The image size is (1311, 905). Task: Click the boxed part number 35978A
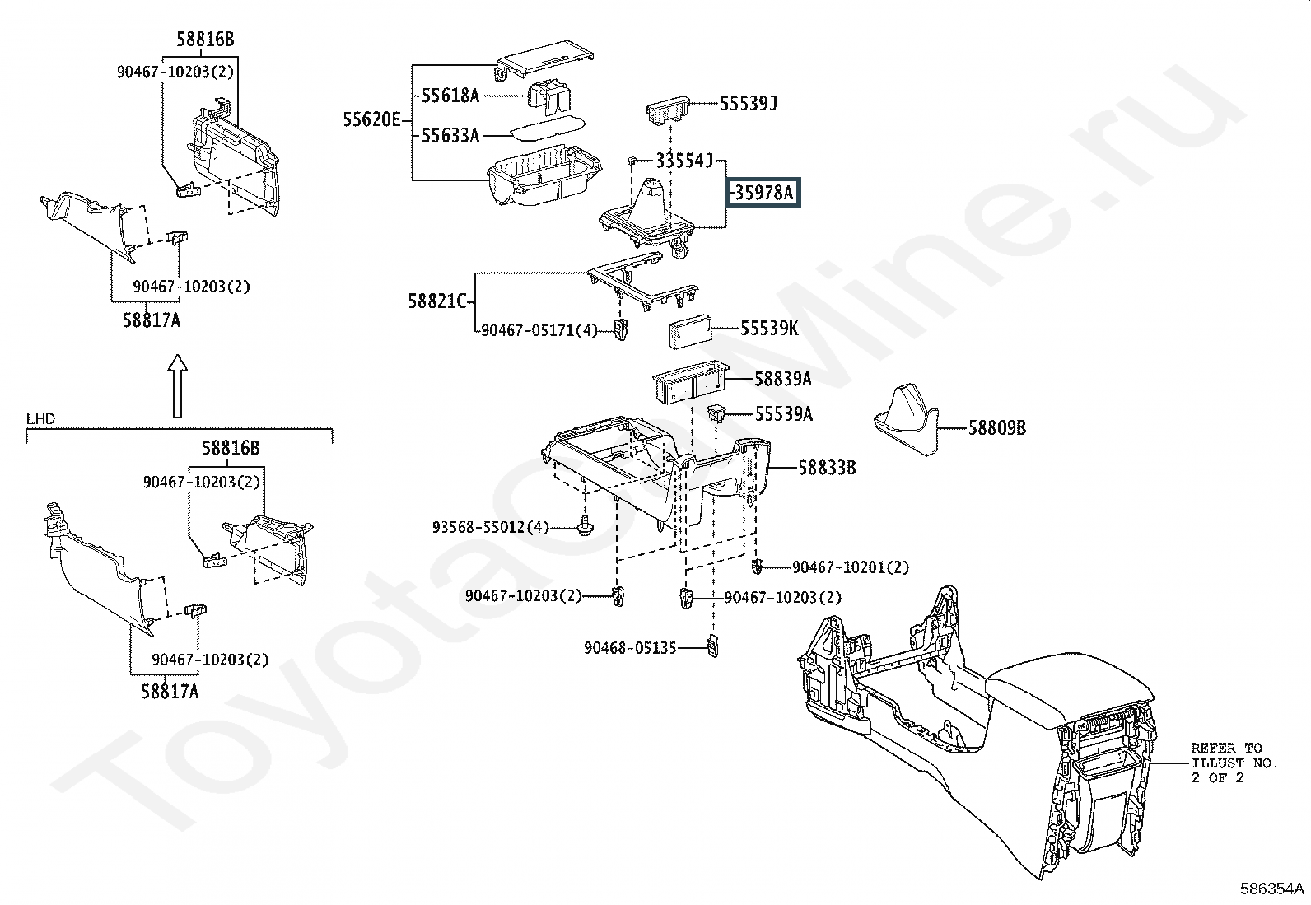coord(763,193)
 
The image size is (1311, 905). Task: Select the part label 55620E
coord(371,120)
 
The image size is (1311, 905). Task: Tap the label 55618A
coord(450,96)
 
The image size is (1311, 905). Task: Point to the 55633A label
coord(450,136)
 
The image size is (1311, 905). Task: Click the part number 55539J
coord(749,104)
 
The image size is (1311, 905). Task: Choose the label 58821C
coord(436,301)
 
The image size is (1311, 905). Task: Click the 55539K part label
coord(769,329)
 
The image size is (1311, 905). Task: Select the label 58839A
coord(782,380)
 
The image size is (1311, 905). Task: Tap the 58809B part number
coord(996,428)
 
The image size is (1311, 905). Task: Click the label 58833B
coord(827,468)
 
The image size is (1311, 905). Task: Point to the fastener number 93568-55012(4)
coord(491,527)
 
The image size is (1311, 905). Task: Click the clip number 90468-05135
coord(630,648)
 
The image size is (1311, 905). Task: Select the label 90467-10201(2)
coord(851,567)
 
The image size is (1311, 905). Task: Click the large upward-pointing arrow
coord(177,385)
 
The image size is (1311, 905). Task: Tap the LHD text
coord(41,419)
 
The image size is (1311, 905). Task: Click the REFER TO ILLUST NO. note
coord(1235,763)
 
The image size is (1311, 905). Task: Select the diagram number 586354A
coord(1271,889)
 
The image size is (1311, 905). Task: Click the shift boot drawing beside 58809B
coord(906,419)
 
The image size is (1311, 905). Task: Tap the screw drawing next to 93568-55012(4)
coord(585,526)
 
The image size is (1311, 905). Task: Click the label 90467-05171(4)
coord(539,331)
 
